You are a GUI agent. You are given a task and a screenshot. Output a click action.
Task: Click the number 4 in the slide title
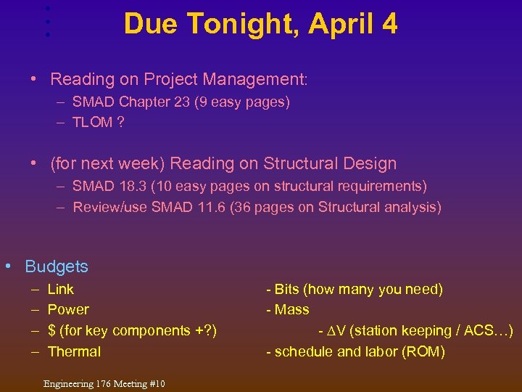(389, 24)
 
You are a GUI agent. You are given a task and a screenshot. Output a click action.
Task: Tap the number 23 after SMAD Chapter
(181, 102)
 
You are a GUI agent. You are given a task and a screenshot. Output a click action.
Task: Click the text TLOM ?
(98, 123)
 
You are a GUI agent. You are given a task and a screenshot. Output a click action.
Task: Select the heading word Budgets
(57, 266)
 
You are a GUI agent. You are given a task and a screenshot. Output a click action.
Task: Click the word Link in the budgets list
(60, 289)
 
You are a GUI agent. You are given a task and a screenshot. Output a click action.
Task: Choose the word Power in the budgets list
(68, 310)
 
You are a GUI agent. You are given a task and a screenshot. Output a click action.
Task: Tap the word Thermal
(74, 352)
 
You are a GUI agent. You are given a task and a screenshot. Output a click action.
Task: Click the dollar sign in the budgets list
(51, 331)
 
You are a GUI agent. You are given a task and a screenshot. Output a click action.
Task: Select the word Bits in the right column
(287, 289)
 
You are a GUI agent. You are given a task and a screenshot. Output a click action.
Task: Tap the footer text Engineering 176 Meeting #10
(104, 383)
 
